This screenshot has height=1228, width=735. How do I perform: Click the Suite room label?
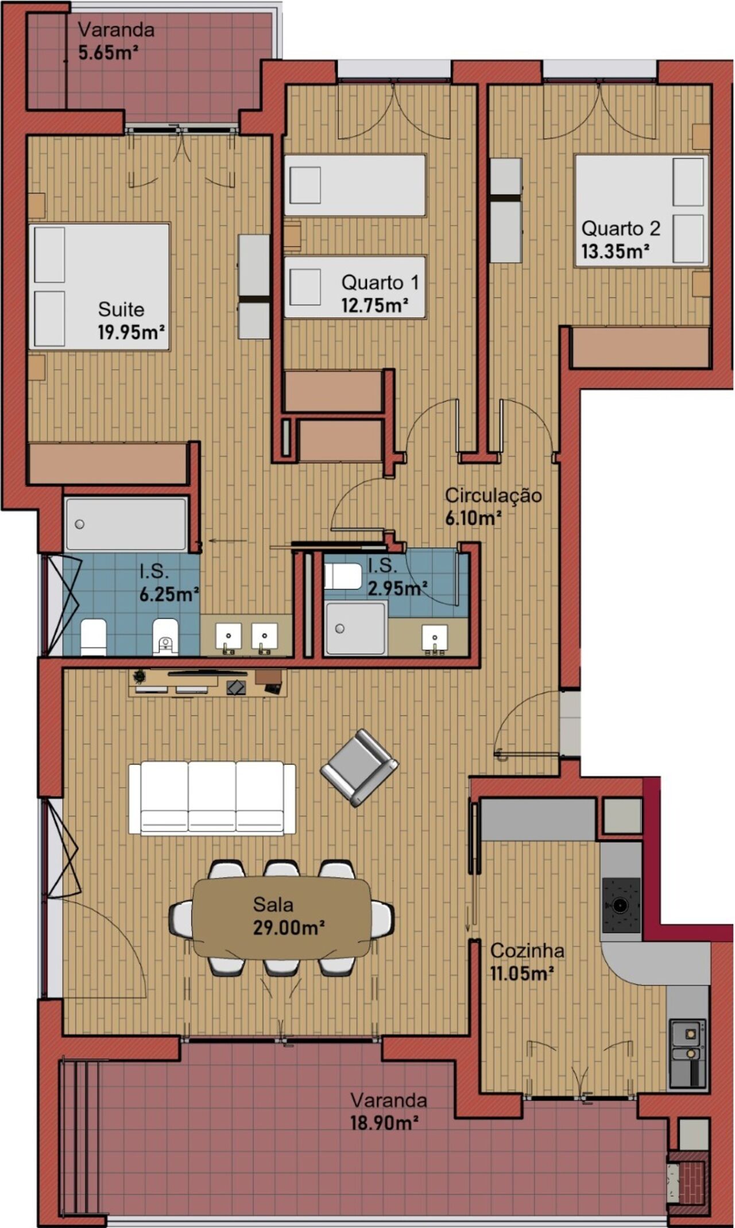(121, 309)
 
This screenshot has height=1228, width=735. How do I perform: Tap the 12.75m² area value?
(375, 305)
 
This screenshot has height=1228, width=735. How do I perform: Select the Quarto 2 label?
(621, 228)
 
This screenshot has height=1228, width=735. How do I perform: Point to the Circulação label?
(493, 495)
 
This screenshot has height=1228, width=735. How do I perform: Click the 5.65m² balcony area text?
(109, 53)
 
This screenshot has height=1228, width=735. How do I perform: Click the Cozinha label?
(527, 951)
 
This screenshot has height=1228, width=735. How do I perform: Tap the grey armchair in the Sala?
(359, 768)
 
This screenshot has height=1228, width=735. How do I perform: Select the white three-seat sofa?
(212, 797)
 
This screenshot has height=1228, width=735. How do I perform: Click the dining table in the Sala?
(282, 917)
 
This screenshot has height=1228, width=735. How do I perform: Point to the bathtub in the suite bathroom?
(126, 524)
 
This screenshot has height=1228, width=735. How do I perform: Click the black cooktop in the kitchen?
(621, 905)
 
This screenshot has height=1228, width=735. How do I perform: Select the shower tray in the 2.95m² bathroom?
(355, 628)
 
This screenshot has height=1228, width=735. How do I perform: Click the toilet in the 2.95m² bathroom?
(343, 576)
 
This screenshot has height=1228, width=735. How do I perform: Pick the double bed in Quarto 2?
(642, 211)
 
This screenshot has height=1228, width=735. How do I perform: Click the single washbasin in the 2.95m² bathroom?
(435, 638)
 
